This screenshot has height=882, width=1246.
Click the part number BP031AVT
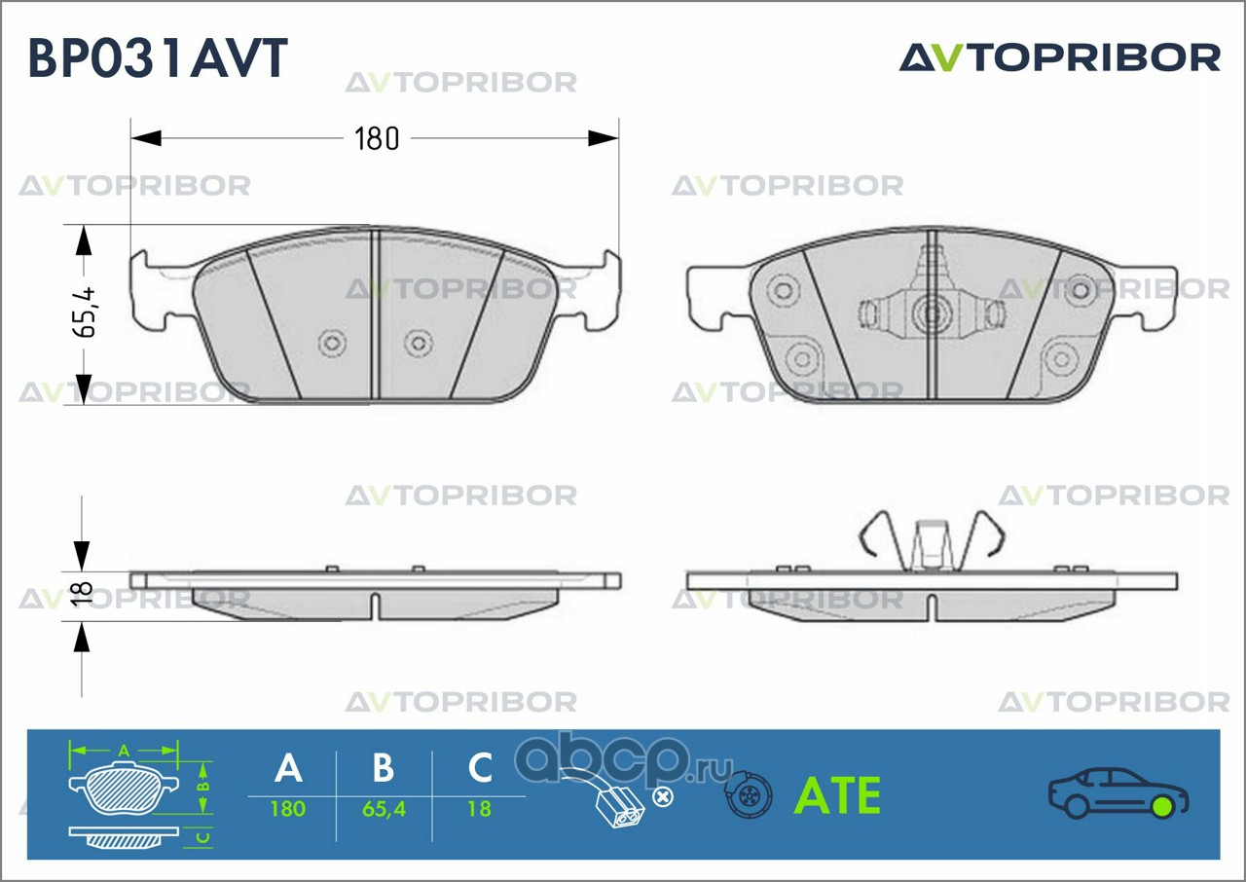pos(158,57)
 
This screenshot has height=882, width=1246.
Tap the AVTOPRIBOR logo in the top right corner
pos(1060,57)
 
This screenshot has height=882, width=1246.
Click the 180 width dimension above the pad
pos(377,138)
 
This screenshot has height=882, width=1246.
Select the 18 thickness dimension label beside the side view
pos(83,593)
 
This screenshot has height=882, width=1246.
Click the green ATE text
pos(838,795)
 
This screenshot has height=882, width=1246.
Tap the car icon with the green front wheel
pos(1118,793)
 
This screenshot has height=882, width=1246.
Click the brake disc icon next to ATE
pos(749,794)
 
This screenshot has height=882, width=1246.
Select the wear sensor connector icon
pos(617,798)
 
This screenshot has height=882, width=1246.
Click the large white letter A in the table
pos(289,768)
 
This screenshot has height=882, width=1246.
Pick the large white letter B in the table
pos(384,768)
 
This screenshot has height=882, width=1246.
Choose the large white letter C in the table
pos(480,768)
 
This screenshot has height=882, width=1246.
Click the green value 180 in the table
pos(288,809)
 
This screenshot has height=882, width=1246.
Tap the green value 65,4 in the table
pos(384,809)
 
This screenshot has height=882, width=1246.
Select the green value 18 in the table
pos(480,809)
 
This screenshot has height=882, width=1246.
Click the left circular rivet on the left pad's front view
pos(332,343)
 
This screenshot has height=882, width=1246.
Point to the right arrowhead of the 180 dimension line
pos(604,138)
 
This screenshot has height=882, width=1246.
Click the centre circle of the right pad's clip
pos(932,313)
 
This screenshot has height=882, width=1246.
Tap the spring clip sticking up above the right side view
pos(933,542)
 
